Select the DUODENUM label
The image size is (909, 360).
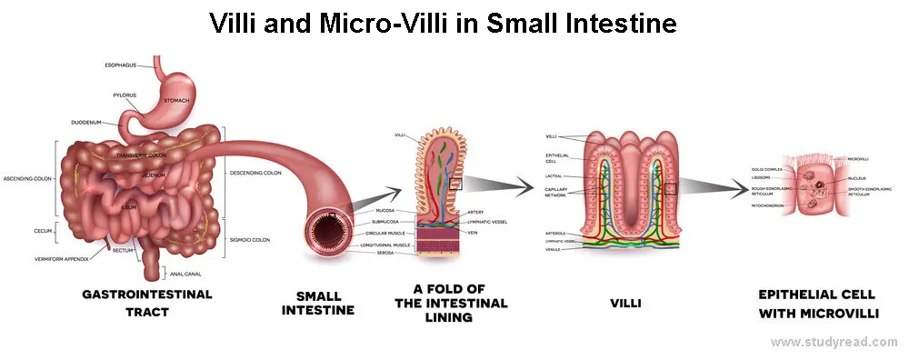pyautogui.click(x=91, y=122)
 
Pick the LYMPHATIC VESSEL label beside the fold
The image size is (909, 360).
pyautogui.click(x=487, y=221)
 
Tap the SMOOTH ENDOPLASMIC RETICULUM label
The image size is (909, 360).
pyautogui.click(x=869, y=191)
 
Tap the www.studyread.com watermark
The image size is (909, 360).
pyautogui.click(x=834, y=343)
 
